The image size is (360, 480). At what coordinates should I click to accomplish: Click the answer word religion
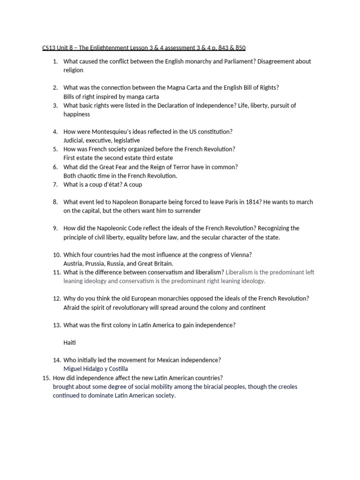[74, 70]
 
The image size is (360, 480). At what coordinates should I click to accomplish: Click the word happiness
[77, 114]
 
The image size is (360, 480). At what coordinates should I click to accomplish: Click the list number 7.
[55, 185]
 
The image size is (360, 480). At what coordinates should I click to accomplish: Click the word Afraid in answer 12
[72, 307]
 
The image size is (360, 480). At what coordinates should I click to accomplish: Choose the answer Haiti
[70, 343]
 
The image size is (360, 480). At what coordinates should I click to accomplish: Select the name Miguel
[74, 369]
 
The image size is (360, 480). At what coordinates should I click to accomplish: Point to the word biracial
[213, 387]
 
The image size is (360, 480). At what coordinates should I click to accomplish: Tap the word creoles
[286, 387]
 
